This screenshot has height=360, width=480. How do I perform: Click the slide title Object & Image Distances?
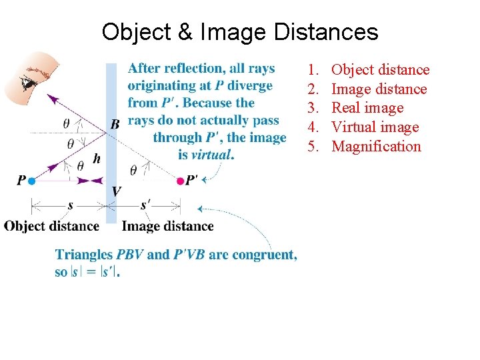[x=240, y=31]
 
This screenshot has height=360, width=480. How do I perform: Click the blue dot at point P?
[x=31, y=181]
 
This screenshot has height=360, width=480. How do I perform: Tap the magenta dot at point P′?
[x=180, y=181]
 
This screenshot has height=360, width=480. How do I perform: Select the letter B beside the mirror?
[x=115, y=123]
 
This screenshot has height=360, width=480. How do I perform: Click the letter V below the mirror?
[x=117, y=191]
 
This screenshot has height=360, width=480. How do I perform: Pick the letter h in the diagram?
[x=97, y=159]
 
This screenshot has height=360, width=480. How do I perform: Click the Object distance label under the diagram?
[x=52, y=226]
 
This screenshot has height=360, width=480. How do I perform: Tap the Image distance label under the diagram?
[x=168, y=226]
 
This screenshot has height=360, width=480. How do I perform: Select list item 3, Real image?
[x=367, y=108]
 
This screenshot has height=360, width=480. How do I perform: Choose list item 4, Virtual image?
[x=375, y=127]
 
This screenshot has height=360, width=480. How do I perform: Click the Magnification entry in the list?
[x=377, y=147]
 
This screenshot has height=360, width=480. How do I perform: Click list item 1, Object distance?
[x=381, y=70]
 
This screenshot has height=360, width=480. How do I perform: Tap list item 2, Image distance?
[x=379, y=89]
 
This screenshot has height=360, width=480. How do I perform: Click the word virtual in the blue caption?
[x=212, y=155]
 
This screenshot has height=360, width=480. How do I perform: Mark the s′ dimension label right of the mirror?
[x=145, y=204]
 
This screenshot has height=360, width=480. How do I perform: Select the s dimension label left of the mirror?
[x=71, y=205]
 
